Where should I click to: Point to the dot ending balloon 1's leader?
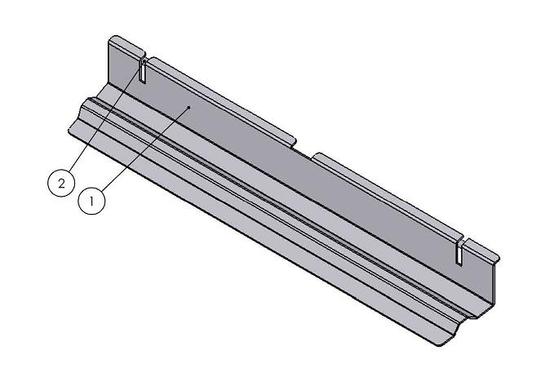tap(189, 107)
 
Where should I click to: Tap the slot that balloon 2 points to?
tap(143, 71)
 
